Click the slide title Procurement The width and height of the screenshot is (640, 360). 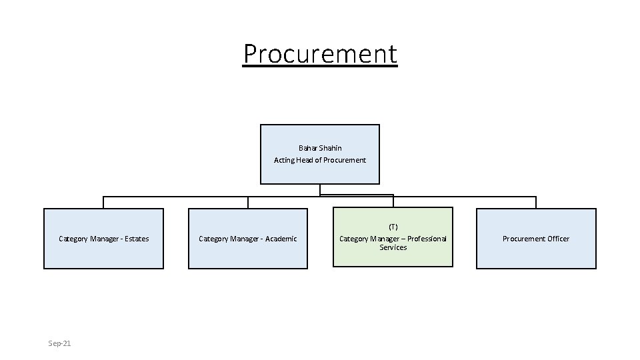[x=320, y=53]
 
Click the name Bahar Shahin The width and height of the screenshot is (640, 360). [x=320, y=148]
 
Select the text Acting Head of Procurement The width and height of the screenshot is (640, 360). [x=320, y=160]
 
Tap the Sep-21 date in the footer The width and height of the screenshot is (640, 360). [x=59, y=343]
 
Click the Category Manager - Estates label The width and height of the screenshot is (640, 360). [x=103, y=239]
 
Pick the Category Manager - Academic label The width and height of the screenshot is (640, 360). [x=248, y=239]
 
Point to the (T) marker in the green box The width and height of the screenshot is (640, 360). [x=393, y=227]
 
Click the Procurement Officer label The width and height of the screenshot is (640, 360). [x=536, y=239]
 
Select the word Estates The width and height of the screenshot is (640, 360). [x=136, y=239]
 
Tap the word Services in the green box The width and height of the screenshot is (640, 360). [x=393, y=247]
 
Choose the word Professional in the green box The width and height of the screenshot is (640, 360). [x=427, y=239]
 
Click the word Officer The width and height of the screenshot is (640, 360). [x=556, y=239]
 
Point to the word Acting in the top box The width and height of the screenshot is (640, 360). [x=285, y=160]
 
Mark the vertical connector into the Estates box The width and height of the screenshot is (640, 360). [x=103, y=203]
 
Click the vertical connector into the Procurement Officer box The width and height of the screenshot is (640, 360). [x=536, y=203]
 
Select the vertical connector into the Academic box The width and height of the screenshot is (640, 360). [x=248, y=203]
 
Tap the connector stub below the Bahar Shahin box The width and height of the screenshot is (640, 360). [x=320, y=190]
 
